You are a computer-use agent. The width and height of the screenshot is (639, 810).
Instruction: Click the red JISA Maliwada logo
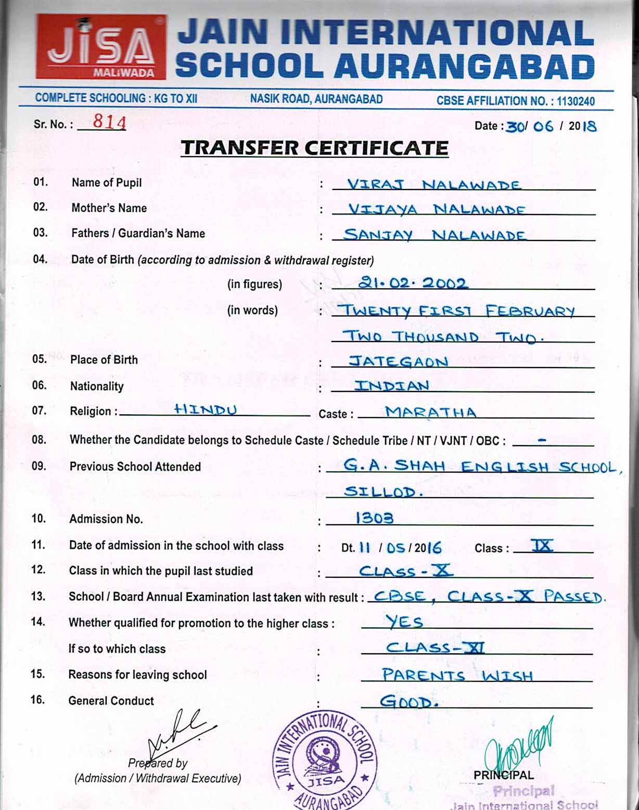point(101,47)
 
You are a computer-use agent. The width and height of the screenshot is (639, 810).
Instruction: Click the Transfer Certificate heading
point(314,148)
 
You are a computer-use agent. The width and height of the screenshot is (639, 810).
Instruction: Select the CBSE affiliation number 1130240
point(575,101)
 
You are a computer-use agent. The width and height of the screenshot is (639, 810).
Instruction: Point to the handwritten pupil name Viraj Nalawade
point(433,185)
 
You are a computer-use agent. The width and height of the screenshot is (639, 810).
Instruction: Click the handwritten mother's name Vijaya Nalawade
point(436,210)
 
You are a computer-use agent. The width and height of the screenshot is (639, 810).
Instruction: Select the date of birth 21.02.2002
point(413,283)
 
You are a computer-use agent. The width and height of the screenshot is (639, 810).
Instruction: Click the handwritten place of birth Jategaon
point(398,361)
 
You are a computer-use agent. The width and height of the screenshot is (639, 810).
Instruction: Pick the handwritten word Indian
point(392,386)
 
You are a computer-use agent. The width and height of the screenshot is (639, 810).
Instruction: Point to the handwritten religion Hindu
point(205,410)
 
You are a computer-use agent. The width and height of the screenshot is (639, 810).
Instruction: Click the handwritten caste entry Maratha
point(430,412)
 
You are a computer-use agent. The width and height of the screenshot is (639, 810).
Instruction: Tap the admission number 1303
point(374,518)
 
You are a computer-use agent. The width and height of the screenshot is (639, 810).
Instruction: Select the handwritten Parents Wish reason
point(457,675)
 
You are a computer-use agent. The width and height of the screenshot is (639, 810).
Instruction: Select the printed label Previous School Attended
point(135,466)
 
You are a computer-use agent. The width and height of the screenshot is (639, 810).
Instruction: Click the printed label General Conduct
point(111,701)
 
